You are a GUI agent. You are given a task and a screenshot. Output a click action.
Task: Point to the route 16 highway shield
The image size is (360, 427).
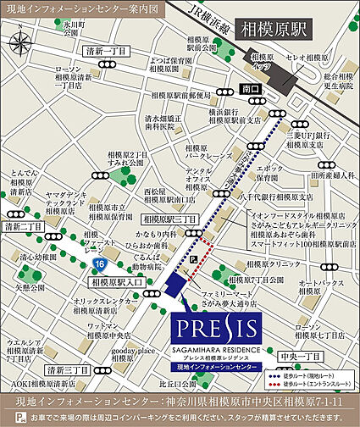(x=100, y=265)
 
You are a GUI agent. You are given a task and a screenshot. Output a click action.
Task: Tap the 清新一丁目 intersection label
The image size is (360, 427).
(x=108, y=52)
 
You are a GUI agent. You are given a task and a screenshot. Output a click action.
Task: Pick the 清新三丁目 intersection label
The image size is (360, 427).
(x=69, y=370)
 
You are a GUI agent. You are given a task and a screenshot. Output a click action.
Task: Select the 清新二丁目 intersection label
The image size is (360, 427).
(x=23, y=227)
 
